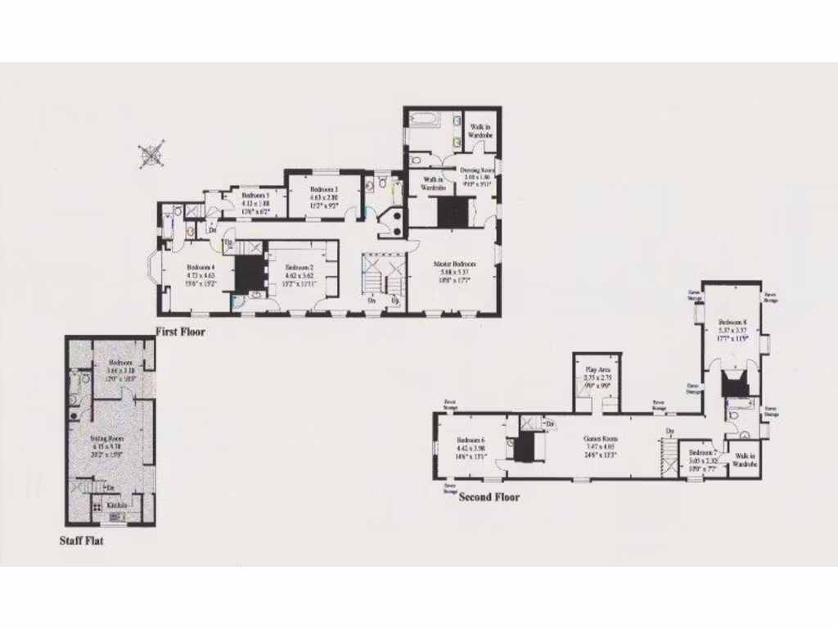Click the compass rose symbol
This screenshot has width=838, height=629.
(x=152, y=155)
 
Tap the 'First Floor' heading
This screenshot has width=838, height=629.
(x=180, y=333)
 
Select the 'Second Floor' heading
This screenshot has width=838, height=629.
(x=489, y=496)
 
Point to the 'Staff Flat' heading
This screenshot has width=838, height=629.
(x=81, y=541)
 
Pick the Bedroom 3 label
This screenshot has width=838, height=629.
(x=324, y=189)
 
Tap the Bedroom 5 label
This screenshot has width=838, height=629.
(x=255, y=196)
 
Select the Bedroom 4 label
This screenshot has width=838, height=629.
(x=200, y=267)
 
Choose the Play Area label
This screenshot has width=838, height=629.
(x=596, y=369)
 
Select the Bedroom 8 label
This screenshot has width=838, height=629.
(x=733, y=322)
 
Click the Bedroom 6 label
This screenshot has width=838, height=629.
(x=471, y=440)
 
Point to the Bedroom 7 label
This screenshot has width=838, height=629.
(x=703, y=453)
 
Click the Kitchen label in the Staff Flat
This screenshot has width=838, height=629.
(x=117, y=505)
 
